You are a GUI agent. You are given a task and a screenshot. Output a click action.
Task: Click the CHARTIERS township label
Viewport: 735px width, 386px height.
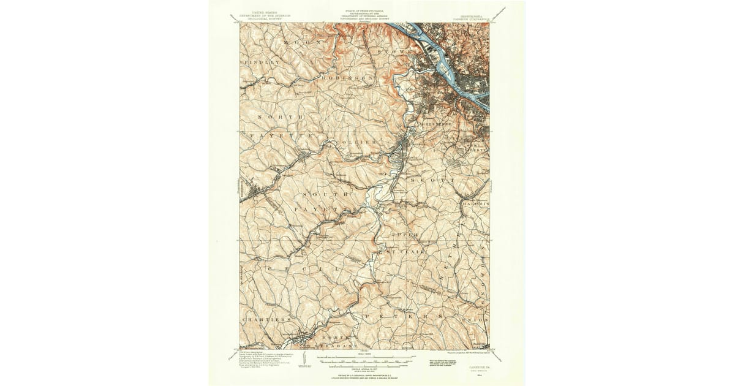pos(266,320)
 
